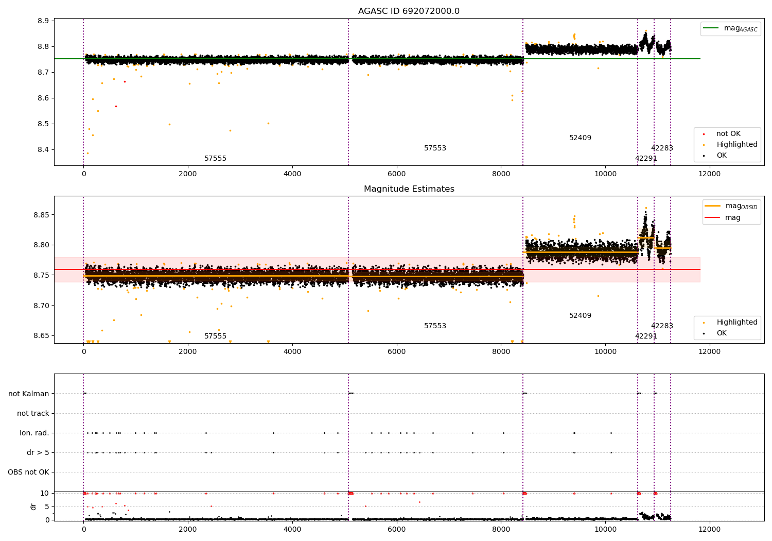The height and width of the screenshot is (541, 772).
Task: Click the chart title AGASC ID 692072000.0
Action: tap(409, 11)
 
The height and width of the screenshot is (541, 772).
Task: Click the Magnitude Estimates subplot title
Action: tap(409, 189)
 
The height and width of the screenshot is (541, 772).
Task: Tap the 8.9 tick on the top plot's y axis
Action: tap(43, 21)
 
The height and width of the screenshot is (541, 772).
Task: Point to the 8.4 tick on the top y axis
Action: tap(43, 150)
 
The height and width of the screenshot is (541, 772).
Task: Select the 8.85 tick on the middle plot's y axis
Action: tap(41, 214)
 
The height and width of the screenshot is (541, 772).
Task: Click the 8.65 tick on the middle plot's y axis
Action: tap(41, 336)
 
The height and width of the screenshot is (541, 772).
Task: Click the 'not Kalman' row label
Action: tap(29, 394)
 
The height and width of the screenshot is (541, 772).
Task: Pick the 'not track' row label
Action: tap(33, 413)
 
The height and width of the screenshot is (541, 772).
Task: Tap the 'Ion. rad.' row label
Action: tap(34, 433)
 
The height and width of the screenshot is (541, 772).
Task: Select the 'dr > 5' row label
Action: tap(38, 452)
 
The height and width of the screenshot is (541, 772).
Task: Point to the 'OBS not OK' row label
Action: tap(28, 472)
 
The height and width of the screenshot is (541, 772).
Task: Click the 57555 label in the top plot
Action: tap(215, 159)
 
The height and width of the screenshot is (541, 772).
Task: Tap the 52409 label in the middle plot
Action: tap(580, 316)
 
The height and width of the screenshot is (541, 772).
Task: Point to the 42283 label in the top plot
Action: tap(662, 148)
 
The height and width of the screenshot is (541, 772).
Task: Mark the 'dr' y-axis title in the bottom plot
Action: tap(33, 506)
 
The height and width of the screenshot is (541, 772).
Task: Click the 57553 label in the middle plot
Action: tap(435, 326)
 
